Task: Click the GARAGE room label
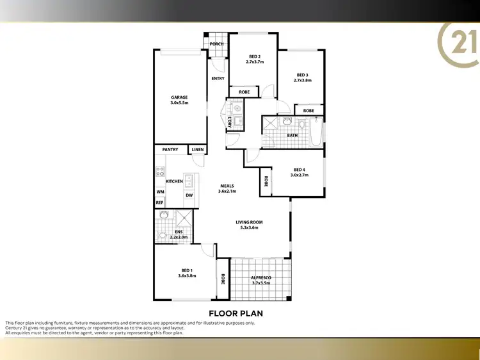[179, 97]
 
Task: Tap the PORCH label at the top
[217, 44]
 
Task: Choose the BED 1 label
[187, 272]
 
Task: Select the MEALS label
[227, 186]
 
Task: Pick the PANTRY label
[170, 149]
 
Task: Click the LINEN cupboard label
[197, 149]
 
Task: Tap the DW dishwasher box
[189, 195]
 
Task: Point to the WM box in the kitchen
[159, 192]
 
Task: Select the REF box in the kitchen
[159, 202]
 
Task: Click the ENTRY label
[218, 78]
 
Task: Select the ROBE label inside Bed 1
[223, 279]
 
